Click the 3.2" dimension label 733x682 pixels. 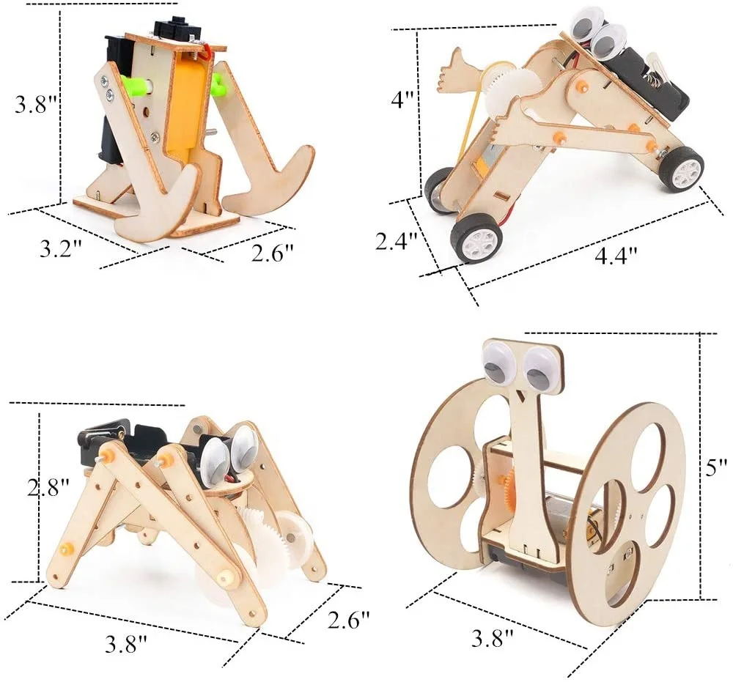60,248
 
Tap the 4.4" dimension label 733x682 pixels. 614,256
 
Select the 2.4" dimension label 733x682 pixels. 396,240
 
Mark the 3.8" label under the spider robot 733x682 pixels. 126,645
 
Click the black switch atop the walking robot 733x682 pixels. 169,28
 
